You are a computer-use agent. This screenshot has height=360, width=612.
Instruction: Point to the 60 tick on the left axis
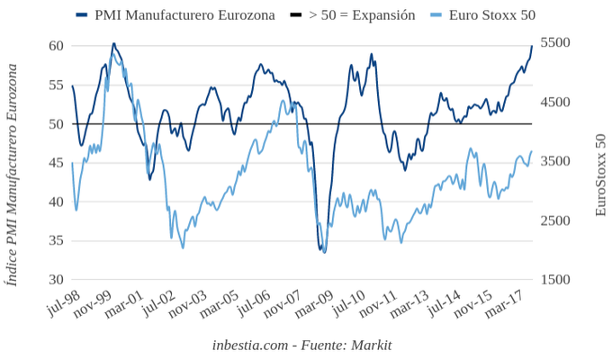[x=56, y=46]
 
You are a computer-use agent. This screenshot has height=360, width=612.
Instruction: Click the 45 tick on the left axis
[x=56, y=163]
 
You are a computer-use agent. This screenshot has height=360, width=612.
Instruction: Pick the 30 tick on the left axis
[x=56, y=280]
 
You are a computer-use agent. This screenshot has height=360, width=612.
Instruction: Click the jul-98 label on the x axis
[x=63, y=304]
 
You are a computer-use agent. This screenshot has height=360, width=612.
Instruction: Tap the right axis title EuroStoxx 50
[x=600, y=175]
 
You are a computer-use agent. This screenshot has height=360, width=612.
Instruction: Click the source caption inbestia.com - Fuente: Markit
[x=302, y=345]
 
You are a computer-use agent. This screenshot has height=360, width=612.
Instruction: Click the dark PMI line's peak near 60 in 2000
[x=113, y=43]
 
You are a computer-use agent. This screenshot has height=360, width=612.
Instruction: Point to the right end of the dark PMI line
[x=532, y=46]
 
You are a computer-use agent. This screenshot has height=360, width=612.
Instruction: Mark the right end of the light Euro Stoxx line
[x=532, y=151]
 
